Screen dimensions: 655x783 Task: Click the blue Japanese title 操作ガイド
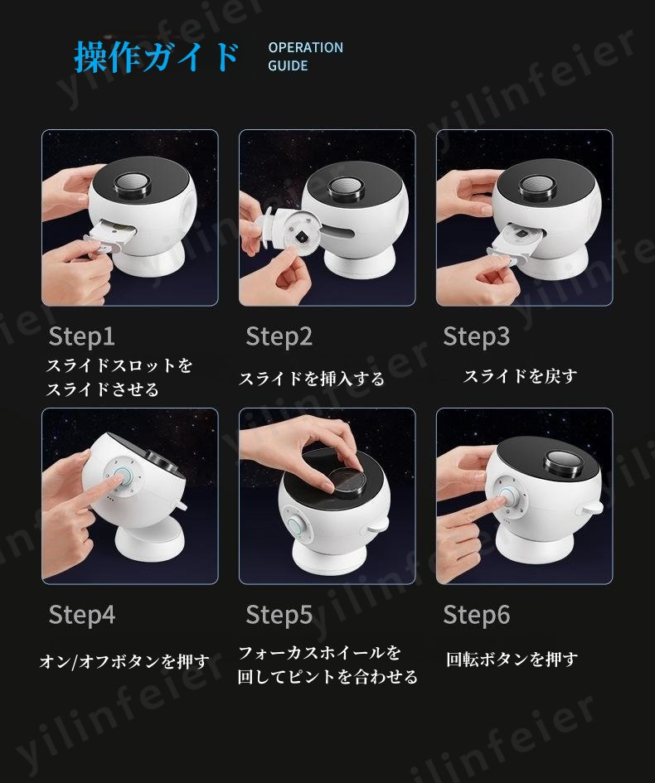pyautogui.click(x=157, y=56)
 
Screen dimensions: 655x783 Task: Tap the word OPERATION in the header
pyautogui.click(x=305, y=47)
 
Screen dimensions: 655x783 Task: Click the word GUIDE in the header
pyautogui.click(x=288, y=65)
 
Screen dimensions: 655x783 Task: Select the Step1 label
pyautogui.click(x=81, y=336)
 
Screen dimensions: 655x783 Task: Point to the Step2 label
pyautogui.click(x=279, y=336)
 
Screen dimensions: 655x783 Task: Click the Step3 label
pyautogui.click(x=476, y=336)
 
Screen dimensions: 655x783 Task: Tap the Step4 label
pyautogui.click(x=82, y=615)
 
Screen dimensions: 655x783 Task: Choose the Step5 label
pyautogui.click(x=279, y=615)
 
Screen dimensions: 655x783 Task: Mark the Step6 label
pyautogui.click(x=476, y=615)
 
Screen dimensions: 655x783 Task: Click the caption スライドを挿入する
pyautogui.click(x=311, y=379)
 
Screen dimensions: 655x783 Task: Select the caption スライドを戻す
pyautogui.click(x=520, y=375)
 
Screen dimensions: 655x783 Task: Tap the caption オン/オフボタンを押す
pyautogui.click(x=124, y=661)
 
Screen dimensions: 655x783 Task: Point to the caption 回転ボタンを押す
pyautogui.click(x=512, y=660)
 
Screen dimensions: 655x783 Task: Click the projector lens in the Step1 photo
pyautogui.click(x=133, y=186)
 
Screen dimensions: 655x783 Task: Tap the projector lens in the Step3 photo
pyautogui.click(x=536, y=186)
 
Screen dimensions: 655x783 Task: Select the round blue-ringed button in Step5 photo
pyautogui.click(x=298, y=525)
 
